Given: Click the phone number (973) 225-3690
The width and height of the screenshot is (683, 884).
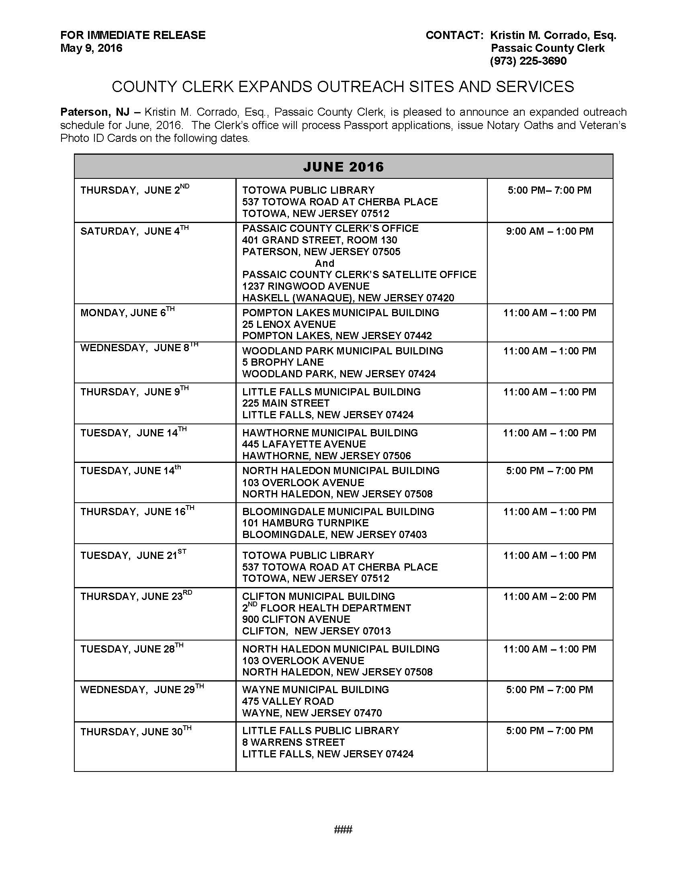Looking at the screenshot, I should pyautogui.click(x=528, y=61).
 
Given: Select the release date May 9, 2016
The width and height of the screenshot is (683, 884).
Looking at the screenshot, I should pyautogui.click(x=91, y=48).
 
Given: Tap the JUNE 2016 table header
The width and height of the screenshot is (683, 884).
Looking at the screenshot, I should pyautogui.click(x=343, y=167).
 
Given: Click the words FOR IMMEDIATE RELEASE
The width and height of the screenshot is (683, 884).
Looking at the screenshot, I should pyautogui.click(x=133, y=35).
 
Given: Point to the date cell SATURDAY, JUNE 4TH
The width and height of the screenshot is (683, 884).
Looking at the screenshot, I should pyautogui.click(x=134, y=231).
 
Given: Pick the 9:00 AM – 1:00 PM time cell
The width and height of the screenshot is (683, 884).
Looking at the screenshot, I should pyautogui.click(x=550, y=231).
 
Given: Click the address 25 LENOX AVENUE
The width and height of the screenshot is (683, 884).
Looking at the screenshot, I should pyautogui.click(x=289, y=324).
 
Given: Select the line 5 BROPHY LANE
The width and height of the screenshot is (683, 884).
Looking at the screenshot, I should pyautogui.click(x=283, y=362).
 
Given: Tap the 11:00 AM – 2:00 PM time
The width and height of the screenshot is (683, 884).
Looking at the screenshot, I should pyautogui.click(x=550, y=596).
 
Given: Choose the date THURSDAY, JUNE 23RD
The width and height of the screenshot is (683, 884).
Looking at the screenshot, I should pyautogui.click(x=136, y=596).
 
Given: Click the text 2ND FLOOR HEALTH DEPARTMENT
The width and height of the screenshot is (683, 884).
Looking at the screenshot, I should pyautogui.click(x=327, y=608).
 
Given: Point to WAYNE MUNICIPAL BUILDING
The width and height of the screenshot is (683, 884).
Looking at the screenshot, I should pyautogui.click(x=315, y=689).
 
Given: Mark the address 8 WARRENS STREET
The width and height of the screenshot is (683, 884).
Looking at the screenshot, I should pyautogui.click(x=293, y=742).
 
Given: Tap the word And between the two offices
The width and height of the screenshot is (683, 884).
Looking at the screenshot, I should pyautogui.click(x=325, y=263).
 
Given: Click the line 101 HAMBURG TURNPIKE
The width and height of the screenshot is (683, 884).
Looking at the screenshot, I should pyautogui.click(x=305, y=523).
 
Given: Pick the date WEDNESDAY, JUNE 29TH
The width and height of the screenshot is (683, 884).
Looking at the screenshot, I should pyautogui.click(x=141, y=689).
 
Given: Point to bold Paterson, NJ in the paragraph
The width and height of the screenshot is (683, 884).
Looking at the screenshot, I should pyautogui.click(x=95, y=112).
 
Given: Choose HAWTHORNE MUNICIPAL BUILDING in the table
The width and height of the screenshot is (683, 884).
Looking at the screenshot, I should pyautogui.click(x=330, y=433).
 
